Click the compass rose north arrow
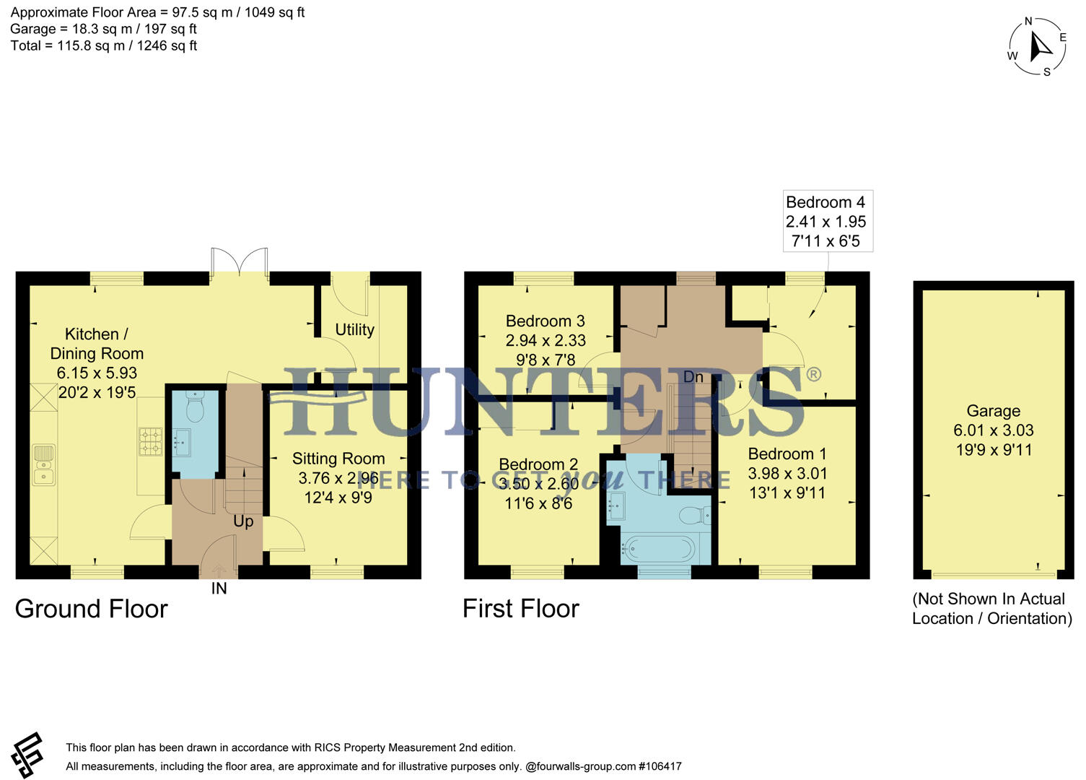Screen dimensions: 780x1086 coord(1040,47)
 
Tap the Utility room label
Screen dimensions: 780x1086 coord(354,329)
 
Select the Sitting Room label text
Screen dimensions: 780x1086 coord(338,459)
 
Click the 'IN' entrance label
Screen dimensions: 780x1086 coord(219,589)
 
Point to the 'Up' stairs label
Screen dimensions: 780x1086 coord(243,521)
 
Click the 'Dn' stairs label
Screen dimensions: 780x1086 coord(693,377)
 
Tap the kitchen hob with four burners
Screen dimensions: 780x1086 coord(150,441)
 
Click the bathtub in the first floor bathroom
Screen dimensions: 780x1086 coord(658,549)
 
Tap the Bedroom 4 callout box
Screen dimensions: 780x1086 coord(827,221)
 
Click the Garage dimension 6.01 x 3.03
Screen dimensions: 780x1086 coord(993,430)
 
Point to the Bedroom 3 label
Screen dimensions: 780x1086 coord(545,321)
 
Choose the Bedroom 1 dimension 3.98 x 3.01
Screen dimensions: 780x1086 coord(787,473)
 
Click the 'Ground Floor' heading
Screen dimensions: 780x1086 coord(91,609)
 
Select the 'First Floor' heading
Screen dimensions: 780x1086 coord(520,609)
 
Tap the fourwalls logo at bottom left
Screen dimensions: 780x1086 coord(28,755)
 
